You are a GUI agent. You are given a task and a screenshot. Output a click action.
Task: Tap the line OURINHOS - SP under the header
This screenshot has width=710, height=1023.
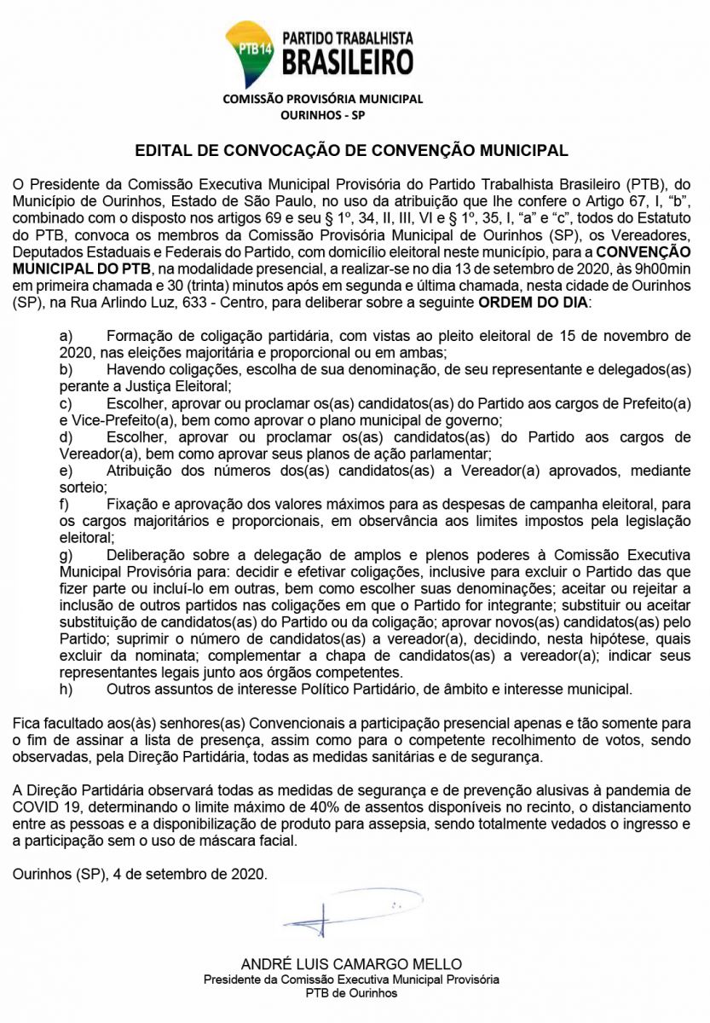[x=322, y=114]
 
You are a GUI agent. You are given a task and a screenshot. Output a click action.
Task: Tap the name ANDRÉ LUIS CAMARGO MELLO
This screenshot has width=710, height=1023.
[x=351, y=964]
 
